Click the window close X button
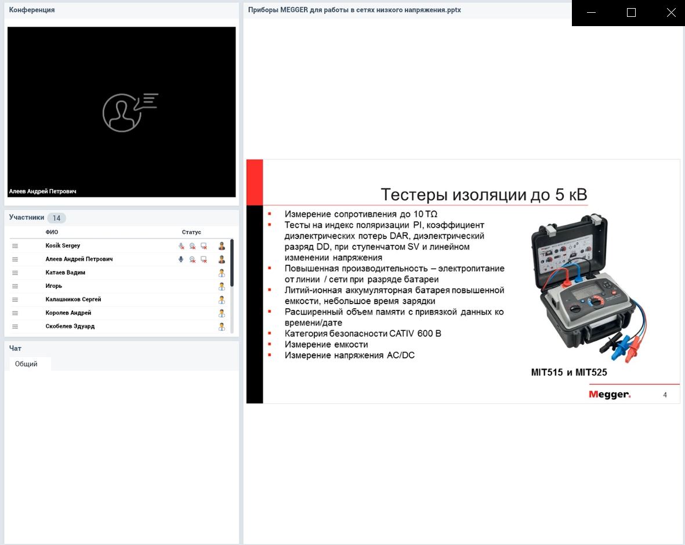pyautogui.click(x=671, y=13)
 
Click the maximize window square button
pyautogui.click(x=632, y=13)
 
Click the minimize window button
pyautogui.click(x=592, y=13)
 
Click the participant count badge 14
pyautogui.click(x=56, y=218)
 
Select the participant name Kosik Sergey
pyautogui.click(x=63, y=246)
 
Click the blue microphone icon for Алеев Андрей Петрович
pyautogui.click(x=181, y=259)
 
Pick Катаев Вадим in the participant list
pyautogui.click(x=65, y=273)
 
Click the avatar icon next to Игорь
pyautogui.click(x=222, y=286)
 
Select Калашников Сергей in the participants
pyautogui.click(x=73, y=299)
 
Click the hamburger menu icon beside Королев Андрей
pyautogui.click(x=15, y=313)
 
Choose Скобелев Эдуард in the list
pyautogui.click(x=70, y=326)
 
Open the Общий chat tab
pyautogui.click(x=27, y=364)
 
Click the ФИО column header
pyautogui.click(x=52, y=232)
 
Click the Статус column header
pyautogui.click(x=191, y=232)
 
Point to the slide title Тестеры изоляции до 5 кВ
pyautogui.click(x=484, y=194)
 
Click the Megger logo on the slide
pyautogui.click(x=609, y=395)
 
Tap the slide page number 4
pyautogui.click(x=665, y=395)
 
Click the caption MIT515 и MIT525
pyautogui.click(x=569, y=373)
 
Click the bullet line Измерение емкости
pyautogui.click(x=326, y=344)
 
